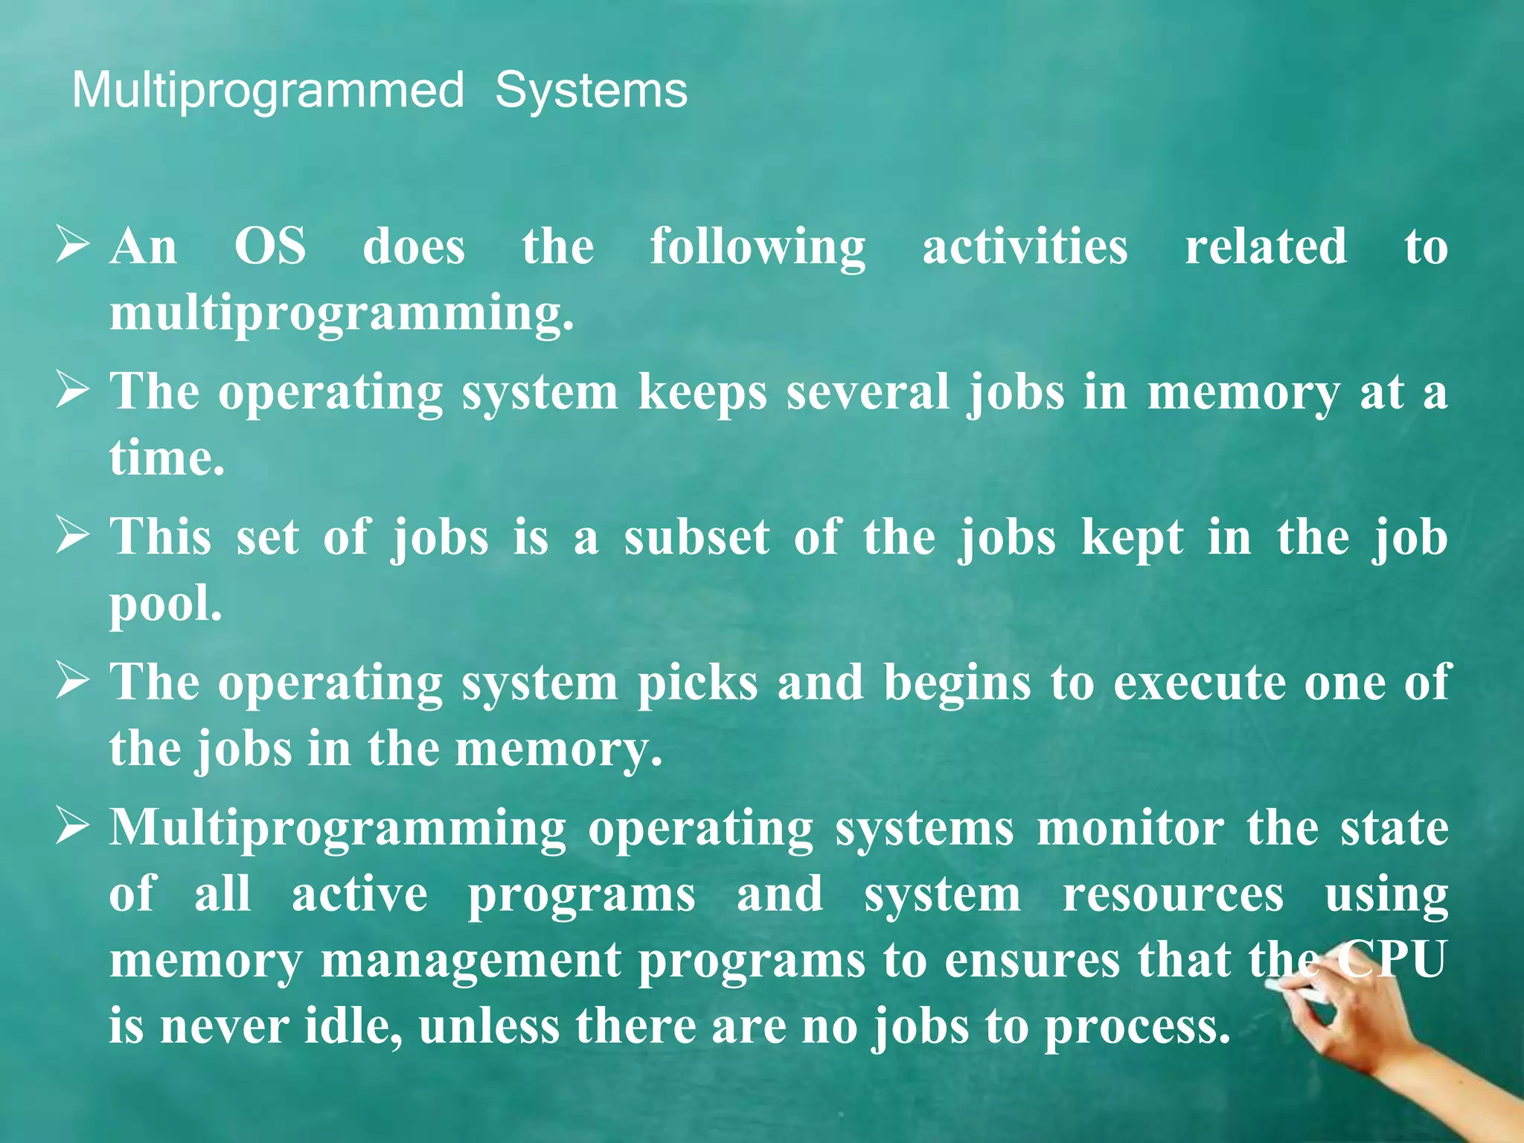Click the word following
point(758,248)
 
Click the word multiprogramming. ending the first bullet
point(342,313)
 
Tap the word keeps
point(702,393)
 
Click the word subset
point(697,537)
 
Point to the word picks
point(697,682)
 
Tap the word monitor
point(1130,827)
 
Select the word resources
point(1173,894)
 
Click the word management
point(470,960)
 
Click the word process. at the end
point(1137,1028)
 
